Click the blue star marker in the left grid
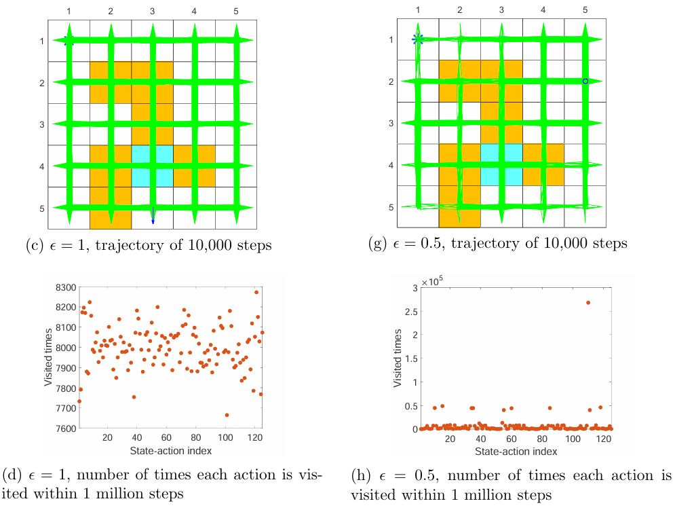click(x=68, y=41)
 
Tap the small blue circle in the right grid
click(x=585, y=81)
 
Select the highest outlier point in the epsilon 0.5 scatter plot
click(x=587, y=303)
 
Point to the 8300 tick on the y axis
click(x=68, y=288)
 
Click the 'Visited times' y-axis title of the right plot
click(x=398, y=359)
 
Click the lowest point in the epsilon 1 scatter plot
click(x=227, y=415)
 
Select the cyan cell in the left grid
click(x=153, y=166)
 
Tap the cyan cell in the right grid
click(x=501, y=165)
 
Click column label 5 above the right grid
click(x=585, y=10)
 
